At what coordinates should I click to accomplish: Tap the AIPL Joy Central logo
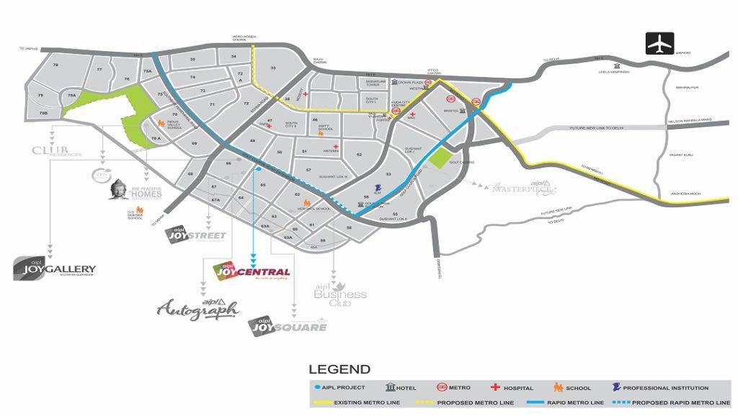253,271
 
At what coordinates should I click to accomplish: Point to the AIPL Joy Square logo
288,326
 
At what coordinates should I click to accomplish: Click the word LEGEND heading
339,370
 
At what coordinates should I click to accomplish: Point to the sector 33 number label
273,68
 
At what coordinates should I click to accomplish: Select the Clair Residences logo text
57,150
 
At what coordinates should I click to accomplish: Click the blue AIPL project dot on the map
258,169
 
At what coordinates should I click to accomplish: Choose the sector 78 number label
55,65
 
